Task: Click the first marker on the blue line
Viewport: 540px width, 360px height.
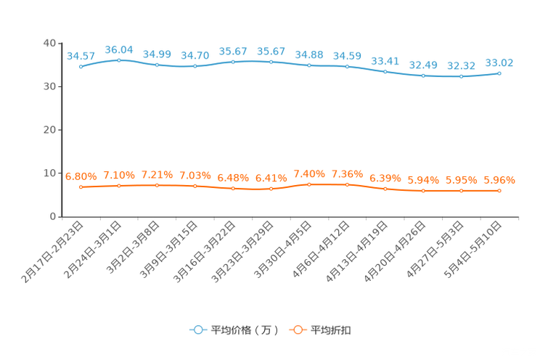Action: (x=81, y=67)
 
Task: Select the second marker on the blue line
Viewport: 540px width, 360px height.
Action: (x=118, y=60)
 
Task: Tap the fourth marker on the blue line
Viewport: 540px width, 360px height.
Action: (x=195, y=66)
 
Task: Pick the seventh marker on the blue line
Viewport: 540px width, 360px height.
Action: (x=309, y=65)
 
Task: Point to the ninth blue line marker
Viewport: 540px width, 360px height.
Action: (x=385, y=72)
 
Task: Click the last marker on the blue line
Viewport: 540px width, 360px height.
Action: (x=499, y=73)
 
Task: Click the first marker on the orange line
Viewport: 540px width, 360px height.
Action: (x=81, y=187)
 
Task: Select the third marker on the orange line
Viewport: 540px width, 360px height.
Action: (x=157, y=186)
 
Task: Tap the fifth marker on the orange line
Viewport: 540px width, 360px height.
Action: (x=233, y=189)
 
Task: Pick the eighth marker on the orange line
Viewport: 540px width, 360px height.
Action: (x=347, y=185)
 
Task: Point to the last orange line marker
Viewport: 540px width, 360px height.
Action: (x=499, y=191)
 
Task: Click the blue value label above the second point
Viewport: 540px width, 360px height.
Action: (x=119, y=49)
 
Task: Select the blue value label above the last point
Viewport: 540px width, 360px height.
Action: (x=499, y=62)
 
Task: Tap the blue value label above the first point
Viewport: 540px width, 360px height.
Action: (x=81, y=56)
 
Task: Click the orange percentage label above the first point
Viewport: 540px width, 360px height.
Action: (x=81, y=176)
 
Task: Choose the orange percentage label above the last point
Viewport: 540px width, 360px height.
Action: (x=500, y=180)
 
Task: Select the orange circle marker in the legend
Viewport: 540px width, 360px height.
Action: (x=298, y=330)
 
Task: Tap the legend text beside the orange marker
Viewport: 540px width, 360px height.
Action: (x=332, y=330)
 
